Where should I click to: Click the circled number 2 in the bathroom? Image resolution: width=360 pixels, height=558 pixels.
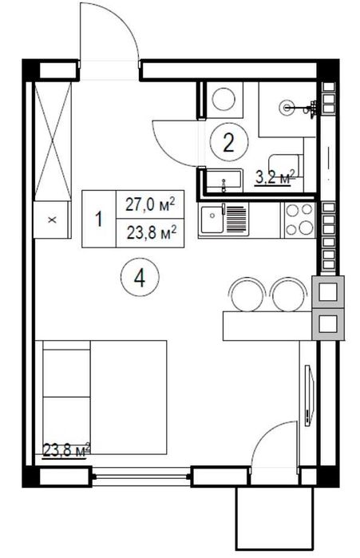[x=229, y=143]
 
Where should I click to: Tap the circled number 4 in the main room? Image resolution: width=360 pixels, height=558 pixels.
[x=140, y=278]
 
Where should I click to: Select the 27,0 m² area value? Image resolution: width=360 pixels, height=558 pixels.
[x=150, y=205]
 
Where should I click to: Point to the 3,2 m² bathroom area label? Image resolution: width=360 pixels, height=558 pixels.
[x=275, y=177]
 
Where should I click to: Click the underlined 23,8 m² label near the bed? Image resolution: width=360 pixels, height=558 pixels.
[x=66, y=450]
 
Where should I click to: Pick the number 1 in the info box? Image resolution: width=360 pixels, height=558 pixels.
[x=98, y=219]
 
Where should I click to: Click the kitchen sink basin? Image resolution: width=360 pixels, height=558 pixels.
[x=212, y=220]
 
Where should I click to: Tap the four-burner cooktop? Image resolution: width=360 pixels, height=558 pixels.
[x=299, y=220]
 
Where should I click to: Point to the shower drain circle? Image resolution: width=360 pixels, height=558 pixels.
[x=287, y=107]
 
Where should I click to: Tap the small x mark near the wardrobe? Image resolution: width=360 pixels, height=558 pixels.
[x=53, y=220]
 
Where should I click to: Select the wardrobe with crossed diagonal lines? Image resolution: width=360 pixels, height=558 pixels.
[x=53, y=141]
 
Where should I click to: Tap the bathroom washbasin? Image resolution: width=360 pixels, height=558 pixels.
[x=224, y=181]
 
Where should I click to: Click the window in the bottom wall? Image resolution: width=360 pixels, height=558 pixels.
[x=141, y=477]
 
